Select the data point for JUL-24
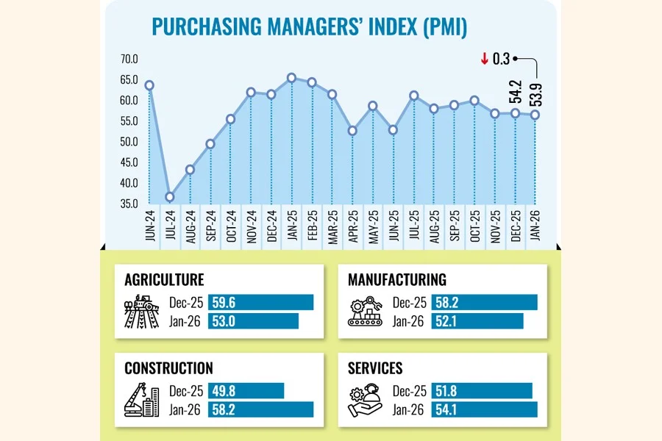click(x=170, y=197)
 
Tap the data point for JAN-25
click(x=292, y=78)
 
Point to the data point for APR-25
click(x=353, y=131)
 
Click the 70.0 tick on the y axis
click(x=129, y=59)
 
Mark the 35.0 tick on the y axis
click(x=129, y=204)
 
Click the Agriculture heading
click(x=164, y=280)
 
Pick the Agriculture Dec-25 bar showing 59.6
click(x=261, y=302)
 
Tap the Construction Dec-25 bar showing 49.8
click(x=246, y=390)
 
